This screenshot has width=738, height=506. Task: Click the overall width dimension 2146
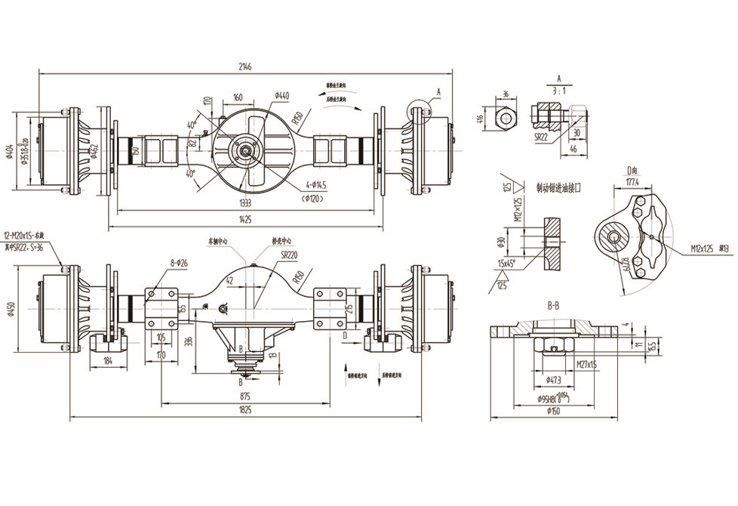click(245, 67)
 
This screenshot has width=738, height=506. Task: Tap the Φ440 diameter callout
click(282, 96)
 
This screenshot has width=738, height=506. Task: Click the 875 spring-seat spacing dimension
click(245, 396)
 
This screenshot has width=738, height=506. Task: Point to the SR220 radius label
click(289, 256)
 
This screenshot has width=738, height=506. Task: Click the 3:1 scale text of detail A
click(558, 89)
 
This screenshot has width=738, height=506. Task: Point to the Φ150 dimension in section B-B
click(555, 412)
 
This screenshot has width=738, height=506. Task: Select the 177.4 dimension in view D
click(632, 182)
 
